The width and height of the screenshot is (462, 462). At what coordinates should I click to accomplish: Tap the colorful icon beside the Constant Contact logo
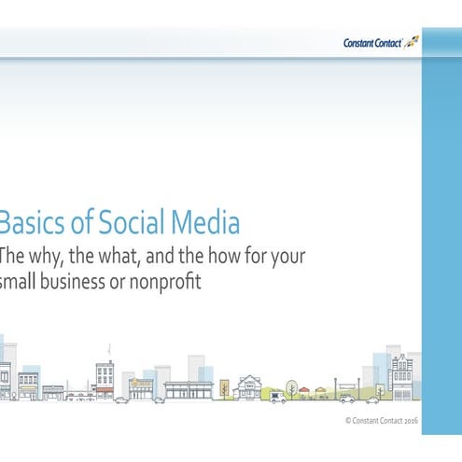[x=411, y=42]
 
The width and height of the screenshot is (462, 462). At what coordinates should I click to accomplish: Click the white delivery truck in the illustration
[x=277, y=397]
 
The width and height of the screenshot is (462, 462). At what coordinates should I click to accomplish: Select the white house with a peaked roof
[x=249, y=386]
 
